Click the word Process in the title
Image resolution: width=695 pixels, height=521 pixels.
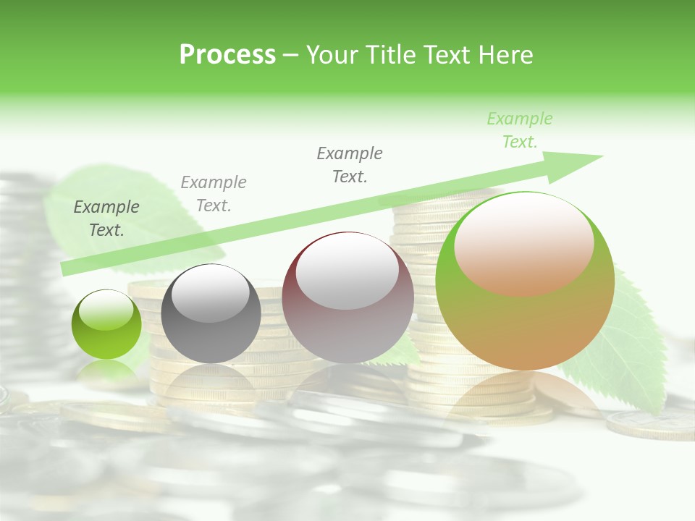point(227,55)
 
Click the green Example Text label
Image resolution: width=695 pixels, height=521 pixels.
point(519,130)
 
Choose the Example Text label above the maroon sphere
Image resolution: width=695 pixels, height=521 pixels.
point(350,165)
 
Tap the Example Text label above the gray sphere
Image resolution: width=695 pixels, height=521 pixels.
point(214,194)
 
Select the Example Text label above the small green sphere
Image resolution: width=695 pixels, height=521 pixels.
point(106,219)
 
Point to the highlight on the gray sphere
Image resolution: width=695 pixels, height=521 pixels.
point(211,293)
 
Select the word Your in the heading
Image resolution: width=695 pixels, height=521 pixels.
point(331,55)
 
